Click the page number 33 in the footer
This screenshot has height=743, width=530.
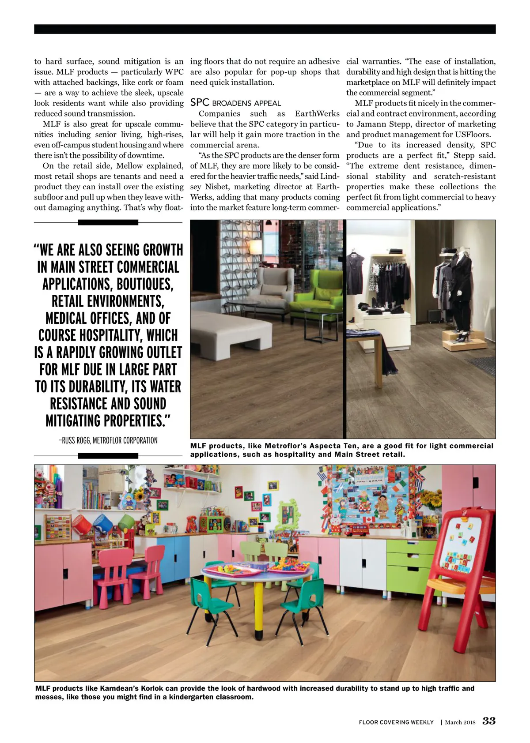[489, 721]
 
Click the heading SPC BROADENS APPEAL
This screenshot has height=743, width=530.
[235, 103]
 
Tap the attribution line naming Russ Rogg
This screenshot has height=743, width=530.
[108, 440]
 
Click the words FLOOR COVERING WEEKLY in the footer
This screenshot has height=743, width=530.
[396, 722]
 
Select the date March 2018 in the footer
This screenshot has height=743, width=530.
[460, 722]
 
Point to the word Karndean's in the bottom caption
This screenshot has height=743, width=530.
[120, 688]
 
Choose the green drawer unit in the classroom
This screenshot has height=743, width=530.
[411, 565]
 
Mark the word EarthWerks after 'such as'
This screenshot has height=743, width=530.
[317, 113]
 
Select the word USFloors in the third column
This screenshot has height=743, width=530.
[473, 135]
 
